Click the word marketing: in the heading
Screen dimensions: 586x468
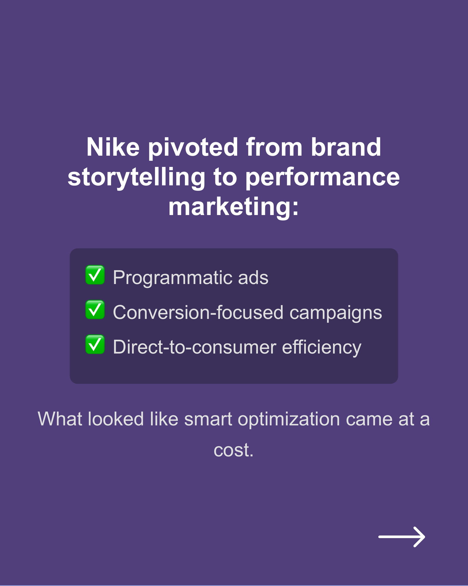233,207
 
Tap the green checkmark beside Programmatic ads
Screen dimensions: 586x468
95,275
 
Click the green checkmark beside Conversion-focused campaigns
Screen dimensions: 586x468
95,310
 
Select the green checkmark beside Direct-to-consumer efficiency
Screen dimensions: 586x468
95,345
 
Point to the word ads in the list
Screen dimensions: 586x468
253,278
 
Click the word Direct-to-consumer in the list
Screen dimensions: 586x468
195,347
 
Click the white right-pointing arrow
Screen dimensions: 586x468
402,537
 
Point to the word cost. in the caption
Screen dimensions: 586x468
233,451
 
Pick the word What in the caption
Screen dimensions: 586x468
60,419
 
